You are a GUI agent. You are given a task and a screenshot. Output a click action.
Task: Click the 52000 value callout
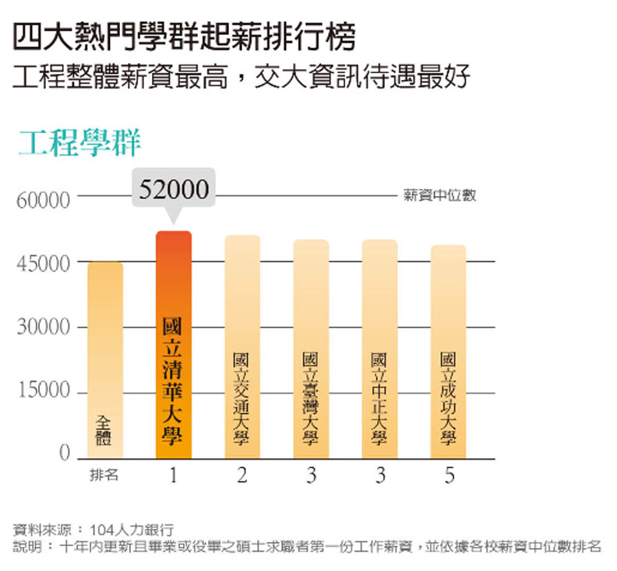tap(174, 189)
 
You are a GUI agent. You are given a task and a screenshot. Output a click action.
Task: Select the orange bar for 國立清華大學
tap(174, 345)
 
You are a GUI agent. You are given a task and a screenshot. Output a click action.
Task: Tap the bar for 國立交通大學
tap(242, 347)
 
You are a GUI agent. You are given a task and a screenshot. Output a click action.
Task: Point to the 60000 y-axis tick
tap(43, 200)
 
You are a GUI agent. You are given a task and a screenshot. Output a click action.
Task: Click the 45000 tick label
tap(43, 264)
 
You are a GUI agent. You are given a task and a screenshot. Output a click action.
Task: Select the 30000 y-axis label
tap(43, 328)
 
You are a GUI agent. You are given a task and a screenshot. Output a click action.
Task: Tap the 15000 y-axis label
tap(43, 391)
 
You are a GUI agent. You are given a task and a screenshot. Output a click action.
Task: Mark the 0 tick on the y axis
tap(65, 454)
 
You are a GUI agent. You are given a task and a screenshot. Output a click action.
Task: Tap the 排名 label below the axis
tap(104, 475)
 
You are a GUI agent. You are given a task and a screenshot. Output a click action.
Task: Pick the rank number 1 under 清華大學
tap(174, 475)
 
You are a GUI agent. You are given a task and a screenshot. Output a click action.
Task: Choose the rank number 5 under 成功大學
tap(449, 475)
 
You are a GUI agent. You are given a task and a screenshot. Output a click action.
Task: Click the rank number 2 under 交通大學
tap(242, 475)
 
